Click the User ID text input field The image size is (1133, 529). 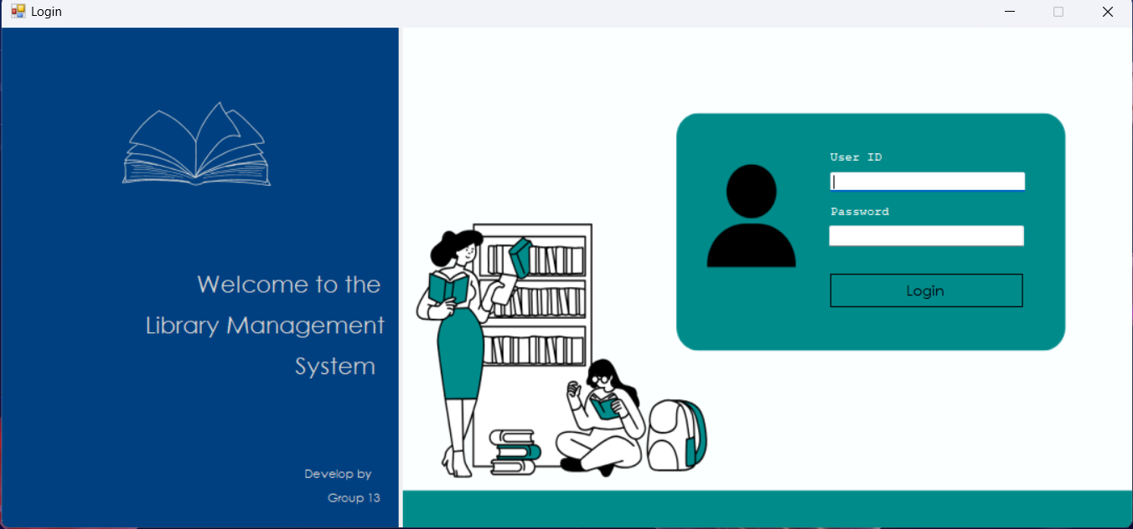pos(927,182)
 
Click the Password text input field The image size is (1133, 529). pos(927,236)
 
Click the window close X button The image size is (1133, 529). pos(1108,12)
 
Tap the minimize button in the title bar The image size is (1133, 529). pos(1010,12)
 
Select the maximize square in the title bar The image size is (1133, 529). pos(1058,12)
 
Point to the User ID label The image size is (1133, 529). pos(856,157)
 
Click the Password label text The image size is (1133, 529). pos(859,212)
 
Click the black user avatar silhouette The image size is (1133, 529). pos(751,216)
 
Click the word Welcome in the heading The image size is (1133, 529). pos(253,285)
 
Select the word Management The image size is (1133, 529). pos(306,326)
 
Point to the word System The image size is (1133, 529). pos(335,367)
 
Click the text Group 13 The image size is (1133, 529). pos(354,498)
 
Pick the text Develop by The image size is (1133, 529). pos(338,474)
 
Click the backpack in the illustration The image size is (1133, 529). pos(677,435)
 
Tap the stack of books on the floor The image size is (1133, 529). pos(515,452)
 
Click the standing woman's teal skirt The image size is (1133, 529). pos(460,354)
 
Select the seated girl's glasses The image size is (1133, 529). pos(599,379)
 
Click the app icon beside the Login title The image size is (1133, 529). pos(18,11)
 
